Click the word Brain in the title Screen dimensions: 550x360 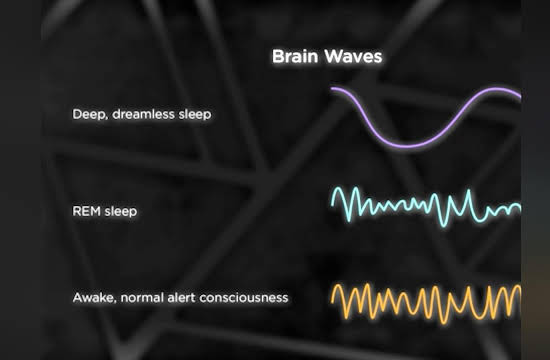click(295, 56)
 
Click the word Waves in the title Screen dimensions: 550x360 click(353, 56)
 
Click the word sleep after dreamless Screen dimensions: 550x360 click(195, 114)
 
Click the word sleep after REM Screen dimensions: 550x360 click(121, 212)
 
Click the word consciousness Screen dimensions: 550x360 click(244, 298)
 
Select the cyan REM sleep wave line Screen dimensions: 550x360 click(425, 206)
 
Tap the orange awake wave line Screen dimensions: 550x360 click(425, 304)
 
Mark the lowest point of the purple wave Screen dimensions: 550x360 click(407, 145)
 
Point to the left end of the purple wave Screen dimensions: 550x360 click(332, 88)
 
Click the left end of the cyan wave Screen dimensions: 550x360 click(332, 204)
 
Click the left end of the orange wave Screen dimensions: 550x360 click(332, 301)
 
